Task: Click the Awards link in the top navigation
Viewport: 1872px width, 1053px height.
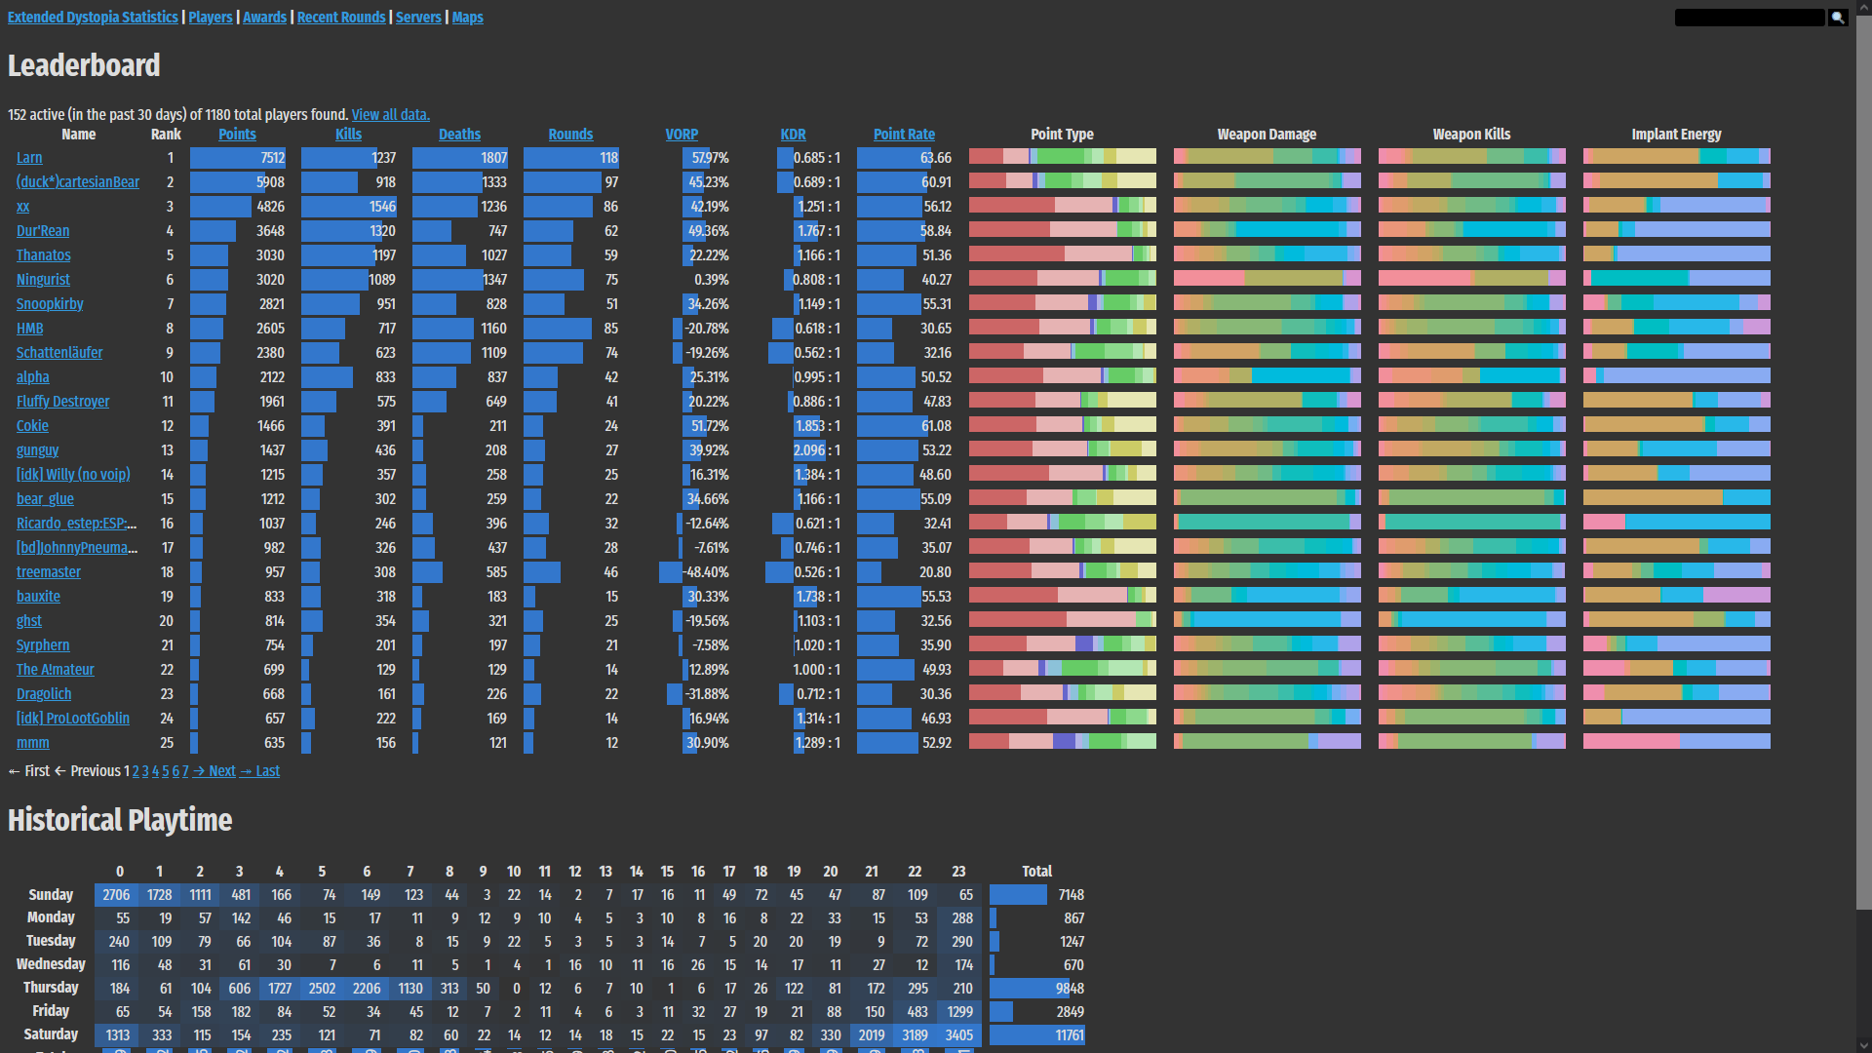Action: coord(264,18)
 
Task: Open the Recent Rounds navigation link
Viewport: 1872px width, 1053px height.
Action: coord(341,18)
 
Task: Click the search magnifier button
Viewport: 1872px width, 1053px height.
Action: coord(1838,18)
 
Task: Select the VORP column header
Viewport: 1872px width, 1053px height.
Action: coord(682,135)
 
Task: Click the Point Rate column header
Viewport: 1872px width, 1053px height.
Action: coord(904,135)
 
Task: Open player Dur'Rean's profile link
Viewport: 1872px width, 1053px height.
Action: coord(43,231)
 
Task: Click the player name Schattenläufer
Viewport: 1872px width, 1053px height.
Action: coord(59,353)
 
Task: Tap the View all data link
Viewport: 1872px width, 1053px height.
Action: coord(390,115)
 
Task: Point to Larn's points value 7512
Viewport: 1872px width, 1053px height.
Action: coord(272,158)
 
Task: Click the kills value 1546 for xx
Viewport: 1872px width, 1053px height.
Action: coord(382,207)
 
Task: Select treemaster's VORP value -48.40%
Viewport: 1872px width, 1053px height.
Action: coord(706,572)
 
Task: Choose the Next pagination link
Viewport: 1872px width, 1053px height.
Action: coord(221,771)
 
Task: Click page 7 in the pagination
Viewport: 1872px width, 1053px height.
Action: coord(185,771)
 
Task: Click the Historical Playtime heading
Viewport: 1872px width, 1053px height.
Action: coord(120,820)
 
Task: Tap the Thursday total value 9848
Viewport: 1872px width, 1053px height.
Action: coord(1070,989)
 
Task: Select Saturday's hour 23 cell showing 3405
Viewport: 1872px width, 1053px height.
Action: coord(959,1035)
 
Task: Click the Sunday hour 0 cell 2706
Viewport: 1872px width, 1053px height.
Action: coord(116,895)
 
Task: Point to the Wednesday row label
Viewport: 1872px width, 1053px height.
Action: coord(51,964)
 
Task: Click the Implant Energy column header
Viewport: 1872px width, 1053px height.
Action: coord(1676,135)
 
